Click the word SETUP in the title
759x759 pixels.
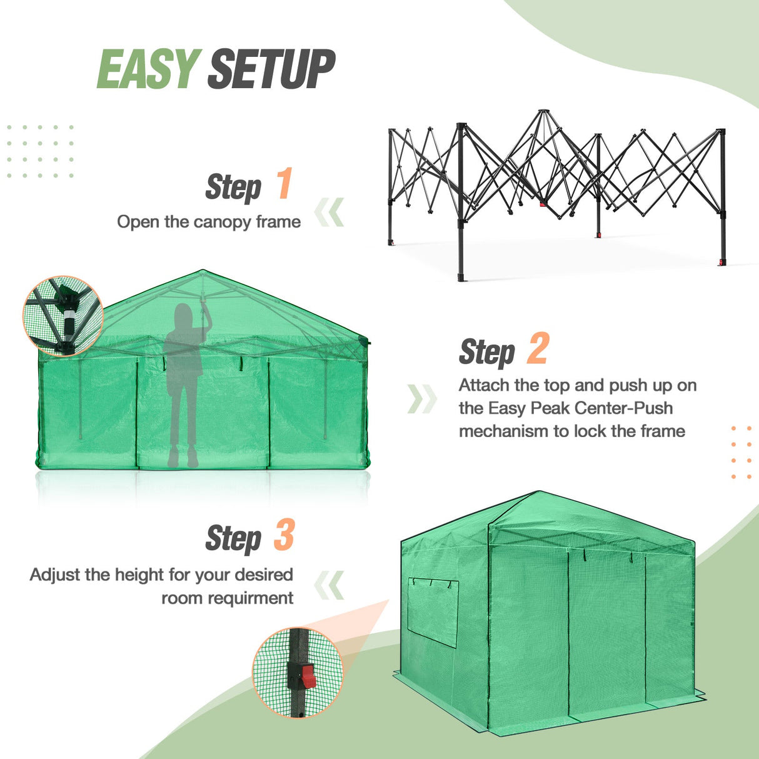click(x=271, y=69)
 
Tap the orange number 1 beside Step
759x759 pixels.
click(x=284, y=184)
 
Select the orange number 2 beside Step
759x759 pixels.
click(x=538, y=349)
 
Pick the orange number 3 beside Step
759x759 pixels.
click(x=284, y=536)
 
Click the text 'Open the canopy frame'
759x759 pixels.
click(x=209, y=222)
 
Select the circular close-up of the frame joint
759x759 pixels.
click(x=63, y=316)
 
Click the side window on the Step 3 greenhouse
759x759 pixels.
click(x=433, y=612)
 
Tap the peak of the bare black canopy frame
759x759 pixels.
click(x=543, y=113)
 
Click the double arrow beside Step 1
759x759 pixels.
click(x=329, y=213)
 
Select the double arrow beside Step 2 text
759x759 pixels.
click(x=422, y=399)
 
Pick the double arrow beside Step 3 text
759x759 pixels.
click(x=329, y=585)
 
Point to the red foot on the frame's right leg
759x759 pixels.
click(x=722, y=261)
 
